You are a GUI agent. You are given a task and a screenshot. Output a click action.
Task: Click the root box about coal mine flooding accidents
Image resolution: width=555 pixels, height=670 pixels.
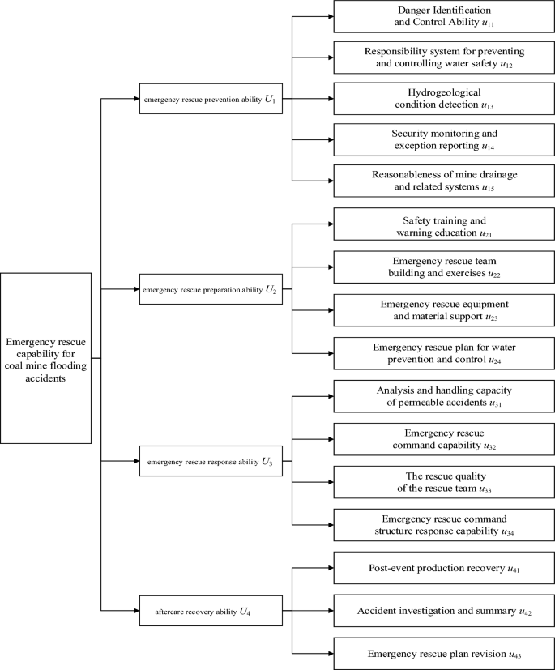point(45,357)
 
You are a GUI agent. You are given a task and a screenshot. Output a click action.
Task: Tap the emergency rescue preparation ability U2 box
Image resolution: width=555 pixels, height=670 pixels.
point(210,288)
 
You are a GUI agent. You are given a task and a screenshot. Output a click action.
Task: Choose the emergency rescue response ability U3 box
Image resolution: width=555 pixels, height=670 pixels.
point(210,462)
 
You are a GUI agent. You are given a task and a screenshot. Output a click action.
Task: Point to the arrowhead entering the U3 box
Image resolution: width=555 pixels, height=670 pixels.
point(134,462)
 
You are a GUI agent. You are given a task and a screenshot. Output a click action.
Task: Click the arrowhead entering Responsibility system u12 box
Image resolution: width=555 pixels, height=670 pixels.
point(329,58)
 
